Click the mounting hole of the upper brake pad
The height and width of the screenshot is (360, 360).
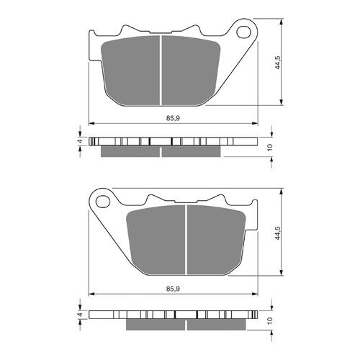[243, 32]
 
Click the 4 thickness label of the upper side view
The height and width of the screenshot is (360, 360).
[80, 142]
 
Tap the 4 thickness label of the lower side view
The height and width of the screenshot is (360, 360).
[80, 315]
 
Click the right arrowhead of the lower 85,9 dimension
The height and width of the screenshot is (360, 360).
[255, 294]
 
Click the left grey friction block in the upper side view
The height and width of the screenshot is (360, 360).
[130, 151]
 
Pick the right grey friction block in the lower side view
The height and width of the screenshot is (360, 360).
[216, 323]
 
